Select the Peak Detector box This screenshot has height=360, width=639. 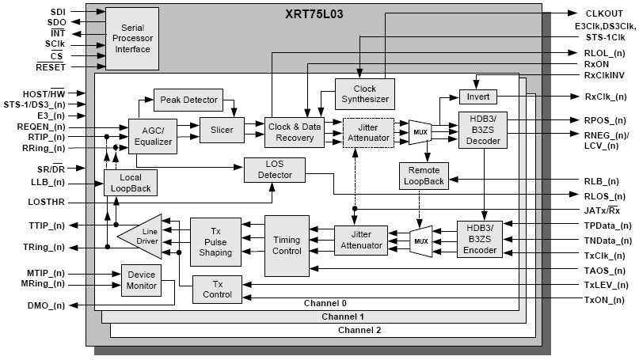[x=188, y=100]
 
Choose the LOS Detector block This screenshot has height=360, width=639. [x=268, y=169]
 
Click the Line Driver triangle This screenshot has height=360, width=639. [x=143, y=236]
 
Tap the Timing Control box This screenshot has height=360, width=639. [x=287, y=245]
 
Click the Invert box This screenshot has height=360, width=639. [x=477, y=97]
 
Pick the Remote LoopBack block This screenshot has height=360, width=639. [x=424, y=176]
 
